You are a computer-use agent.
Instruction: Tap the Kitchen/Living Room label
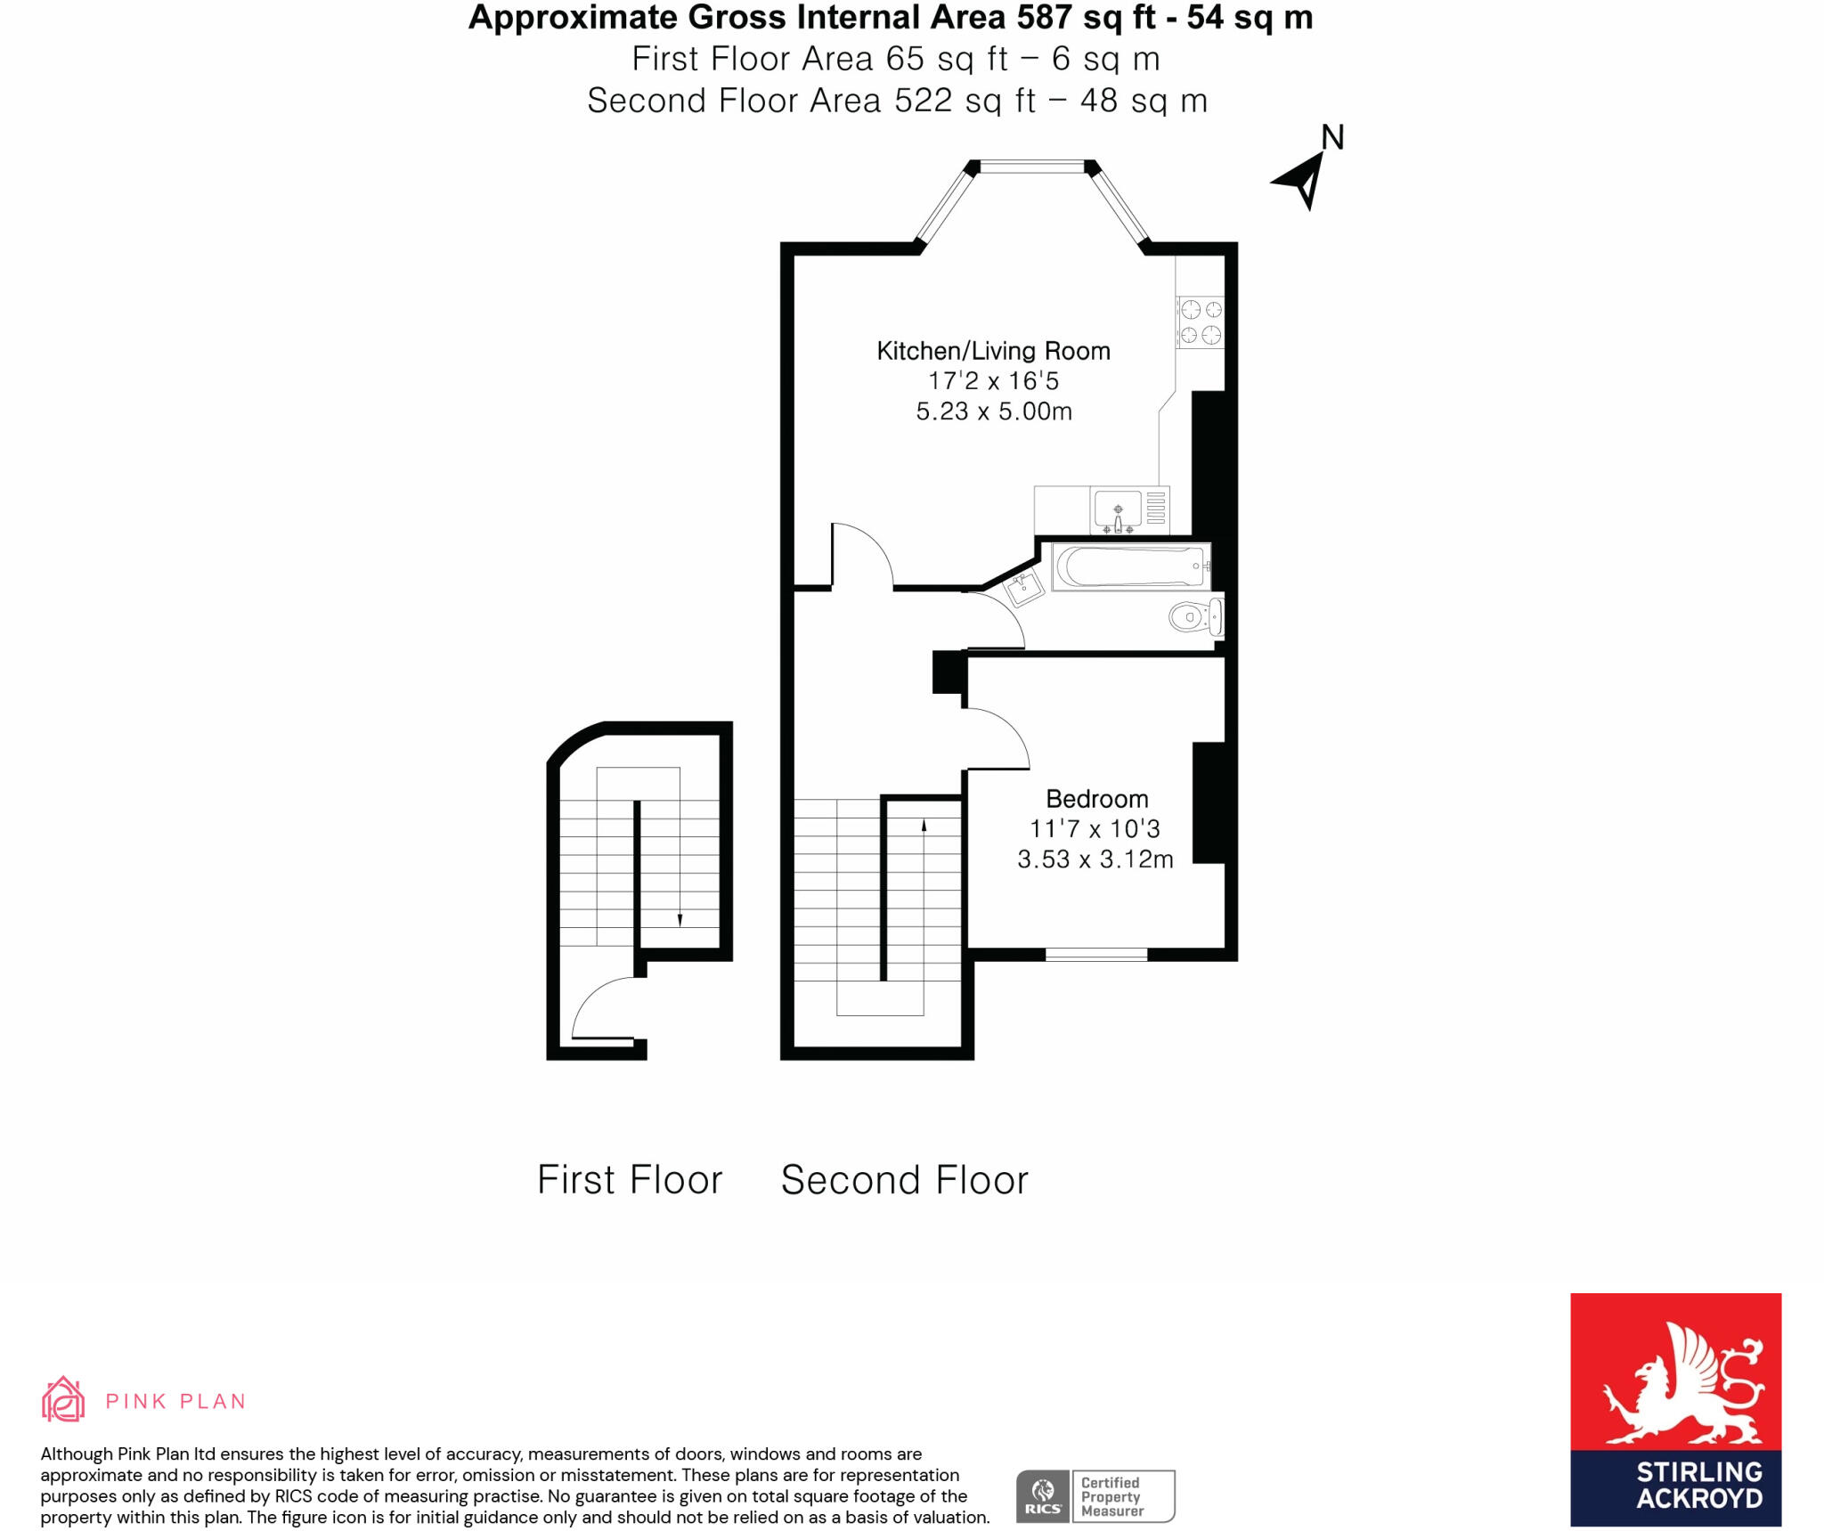click(993, 351)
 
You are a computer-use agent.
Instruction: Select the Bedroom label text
click(1096, 799)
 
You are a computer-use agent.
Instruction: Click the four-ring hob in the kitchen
click(1200, 322)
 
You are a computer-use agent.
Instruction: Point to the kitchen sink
click(1118, 510)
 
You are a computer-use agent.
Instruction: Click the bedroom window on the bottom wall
click(1095, 955)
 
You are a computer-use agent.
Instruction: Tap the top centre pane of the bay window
click(1032, 166)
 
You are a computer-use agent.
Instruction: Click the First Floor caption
click(630, 1180)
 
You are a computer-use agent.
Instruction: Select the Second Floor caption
click(904, 1180)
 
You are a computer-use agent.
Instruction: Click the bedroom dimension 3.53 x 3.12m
click(1095, 859)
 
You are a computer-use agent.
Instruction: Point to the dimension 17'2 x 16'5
click(993, 381)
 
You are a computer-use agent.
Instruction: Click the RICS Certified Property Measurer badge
click(1095, 1496)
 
